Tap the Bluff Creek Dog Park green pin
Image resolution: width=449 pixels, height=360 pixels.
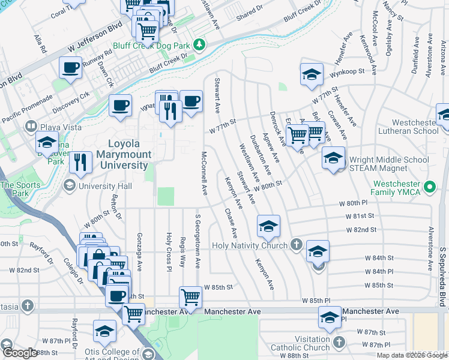click(203, 44)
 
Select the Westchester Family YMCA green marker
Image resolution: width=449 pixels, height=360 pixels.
click(429, 188)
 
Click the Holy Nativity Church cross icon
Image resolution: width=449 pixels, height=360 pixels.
click(295, 245)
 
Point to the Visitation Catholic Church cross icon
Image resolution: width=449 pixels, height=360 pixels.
click(339, 342)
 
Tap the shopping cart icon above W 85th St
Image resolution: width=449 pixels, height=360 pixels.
click(190, 296)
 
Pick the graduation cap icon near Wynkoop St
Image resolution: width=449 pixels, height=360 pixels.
click(311, 74)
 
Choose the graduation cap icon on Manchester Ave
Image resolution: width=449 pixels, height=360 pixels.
click(330, 318)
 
